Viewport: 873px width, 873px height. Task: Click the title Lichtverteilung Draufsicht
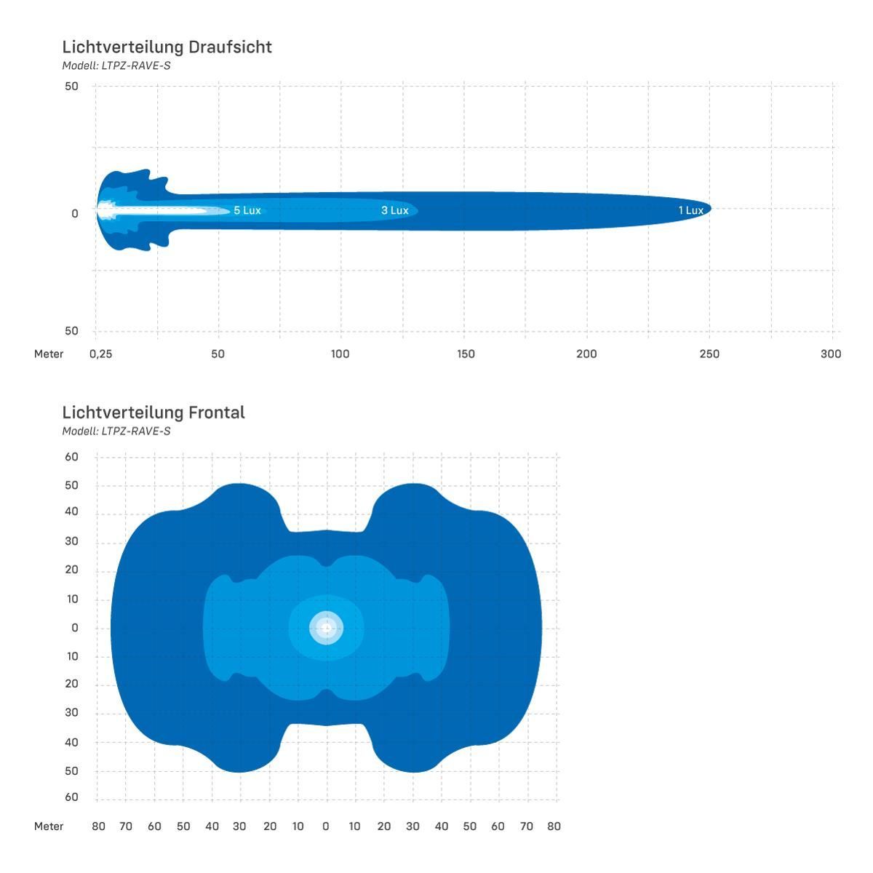point(167,47)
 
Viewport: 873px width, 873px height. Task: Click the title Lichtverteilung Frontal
point(154,412)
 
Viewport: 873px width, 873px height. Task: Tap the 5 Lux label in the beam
point(247,210)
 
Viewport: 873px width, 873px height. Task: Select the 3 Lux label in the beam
point(394,210)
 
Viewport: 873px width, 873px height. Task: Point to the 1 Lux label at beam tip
point(691,210)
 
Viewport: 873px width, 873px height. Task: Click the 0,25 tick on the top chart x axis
point(100,354)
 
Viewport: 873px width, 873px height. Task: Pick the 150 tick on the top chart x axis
point(466,354)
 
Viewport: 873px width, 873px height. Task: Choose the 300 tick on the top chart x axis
point(831,354)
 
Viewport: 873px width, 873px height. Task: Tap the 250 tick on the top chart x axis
point(709,354)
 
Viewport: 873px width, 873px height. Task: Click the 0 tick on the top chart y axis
point(75,213)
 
